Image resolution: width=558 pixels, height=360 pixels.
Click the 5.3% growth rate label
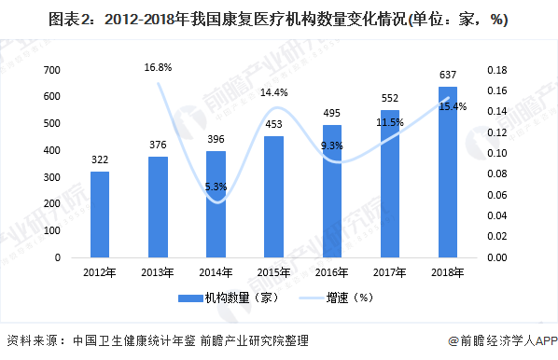click(x=216, y=187)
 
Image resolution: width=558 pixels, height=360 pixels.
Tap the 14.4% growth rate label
click(x=273, y=92)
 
